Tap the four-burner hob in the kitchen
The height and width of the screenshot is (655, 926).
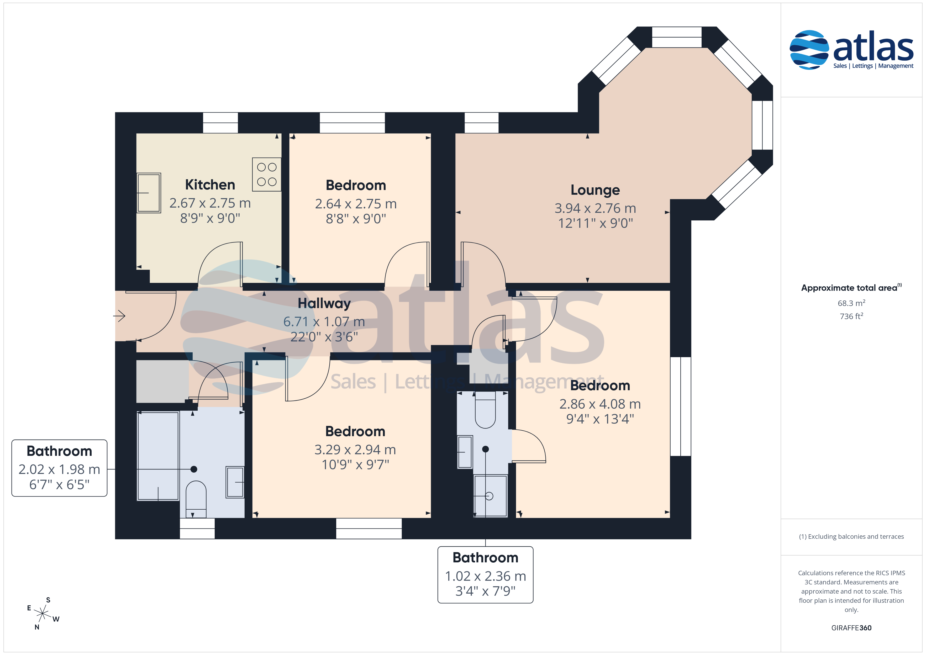267,174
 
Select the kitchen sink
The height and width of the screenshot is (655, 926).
149,193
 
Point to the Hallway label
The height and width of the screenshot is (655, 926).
324,303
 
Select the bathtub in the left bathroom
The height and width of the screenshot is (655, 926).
158,456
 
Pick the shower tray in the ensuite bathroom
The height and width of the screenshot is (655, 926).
490,496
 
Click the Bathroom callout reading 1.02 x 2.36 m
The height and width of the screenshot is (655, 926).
485,575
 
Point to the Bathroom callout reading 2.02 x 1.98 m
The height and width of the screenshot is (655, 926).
59,468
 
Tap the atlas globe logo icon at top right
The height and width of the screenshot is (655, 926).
809,50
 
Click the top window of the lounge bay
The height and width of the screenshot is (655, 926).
677,37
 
